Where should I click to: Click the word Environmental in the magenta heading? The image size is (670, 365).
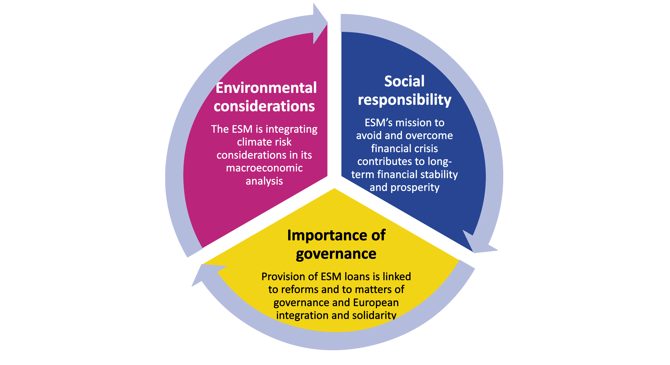coord(266,88)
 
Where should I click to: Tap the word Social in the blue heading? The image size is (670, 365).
coord(404,81)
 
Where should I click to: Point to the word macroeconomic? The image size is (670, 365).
coord(264,168)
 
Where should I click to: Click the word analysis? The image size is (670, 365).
coord(264,181)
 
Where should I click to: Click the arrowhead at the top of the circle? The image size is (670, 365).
coord(320,23)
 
